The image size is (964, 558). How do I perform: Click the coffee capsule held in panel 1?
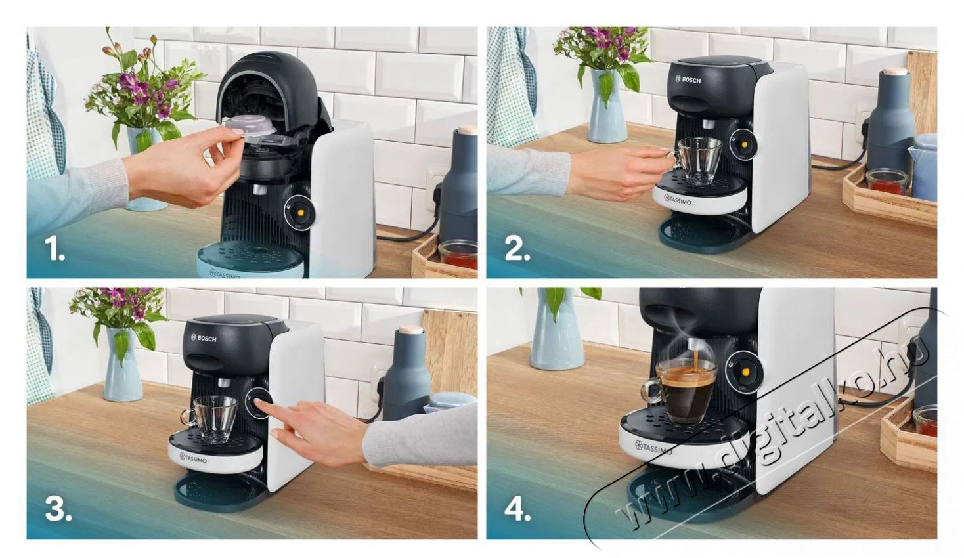pos(250,126)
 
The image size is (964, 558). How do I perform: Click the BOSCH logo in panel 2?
pos(688,79)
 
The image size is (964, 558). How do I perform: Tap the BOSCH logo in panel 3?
pos(204,338)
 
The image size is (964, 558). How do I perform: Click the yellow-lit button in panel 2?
pos(743,143)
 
